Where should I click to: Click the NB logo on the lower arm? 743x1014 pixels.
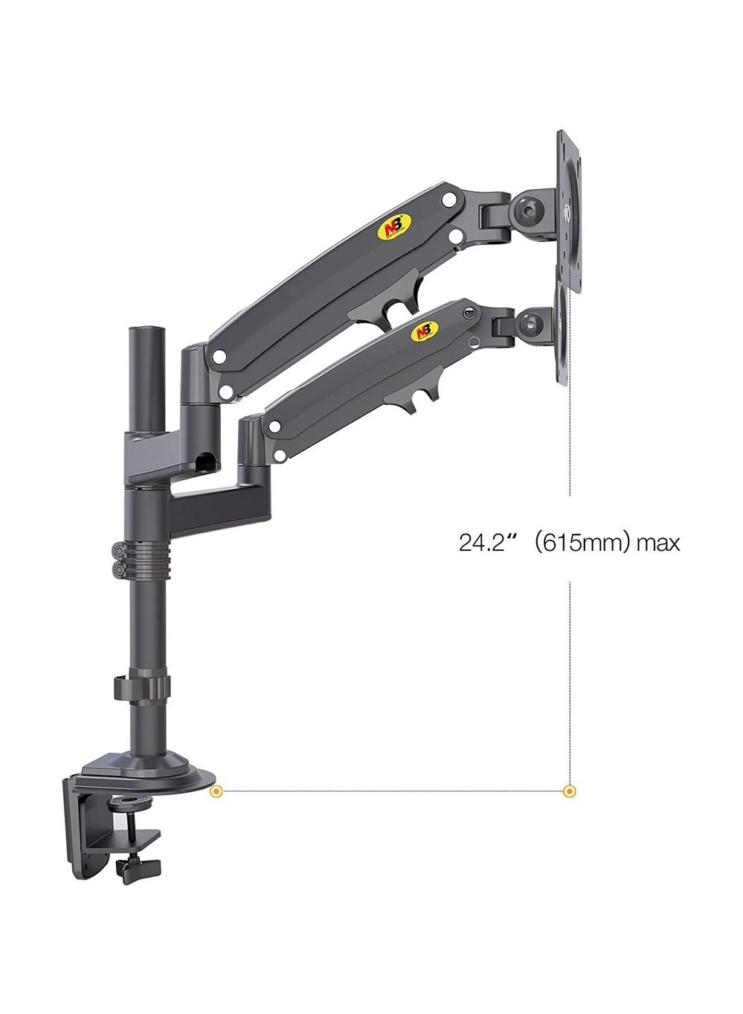424,330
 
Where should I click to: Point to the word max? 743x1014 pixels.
658,543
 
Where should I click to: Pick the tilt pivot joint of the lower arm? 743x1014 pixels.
533,323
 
